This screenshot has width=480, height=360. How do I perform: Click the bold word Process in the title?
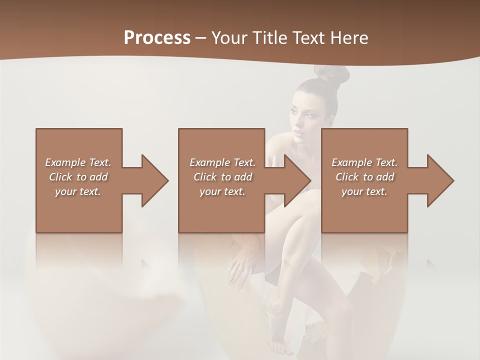click(x=157, y=37)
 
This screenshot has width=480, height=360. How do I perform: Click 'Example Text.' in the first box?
click(x=78, y=162)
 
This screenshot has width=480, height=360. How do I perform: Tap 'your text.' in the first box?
click(x=78, y=191)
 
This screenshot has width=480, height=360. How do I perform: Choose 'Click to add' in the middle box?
click(x=222, y=177)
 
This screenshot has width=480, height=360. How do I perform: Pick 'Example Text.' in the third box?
click(x=364, y=162)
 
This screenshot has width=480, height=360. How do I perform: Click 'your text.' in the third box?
click(x=364, y=191)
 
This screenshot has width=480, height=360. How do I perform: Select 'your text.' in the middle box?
click(x=222, y=191)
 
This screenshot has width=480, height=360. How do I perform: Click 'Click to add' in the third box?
click(x=364, y=177)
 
